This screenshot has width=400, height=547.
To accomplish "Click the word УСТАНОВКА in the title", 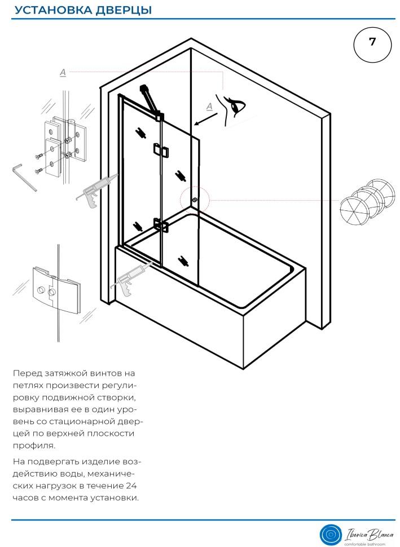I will (x=48, y=10).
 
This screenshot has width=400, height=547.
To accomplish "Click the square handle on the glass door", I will (x=160, y=151).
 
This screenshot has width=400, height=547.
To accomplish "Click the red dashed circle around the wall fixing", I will (x=195, y=200).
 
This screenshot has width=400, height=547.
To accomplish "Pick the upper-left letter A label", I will (x=63, y=72).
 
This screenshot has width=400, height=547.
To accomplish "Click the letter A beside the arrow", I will (x=209, y=106).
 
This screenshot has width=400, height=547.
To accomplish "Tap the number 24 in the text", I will (x=131, y=486).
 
